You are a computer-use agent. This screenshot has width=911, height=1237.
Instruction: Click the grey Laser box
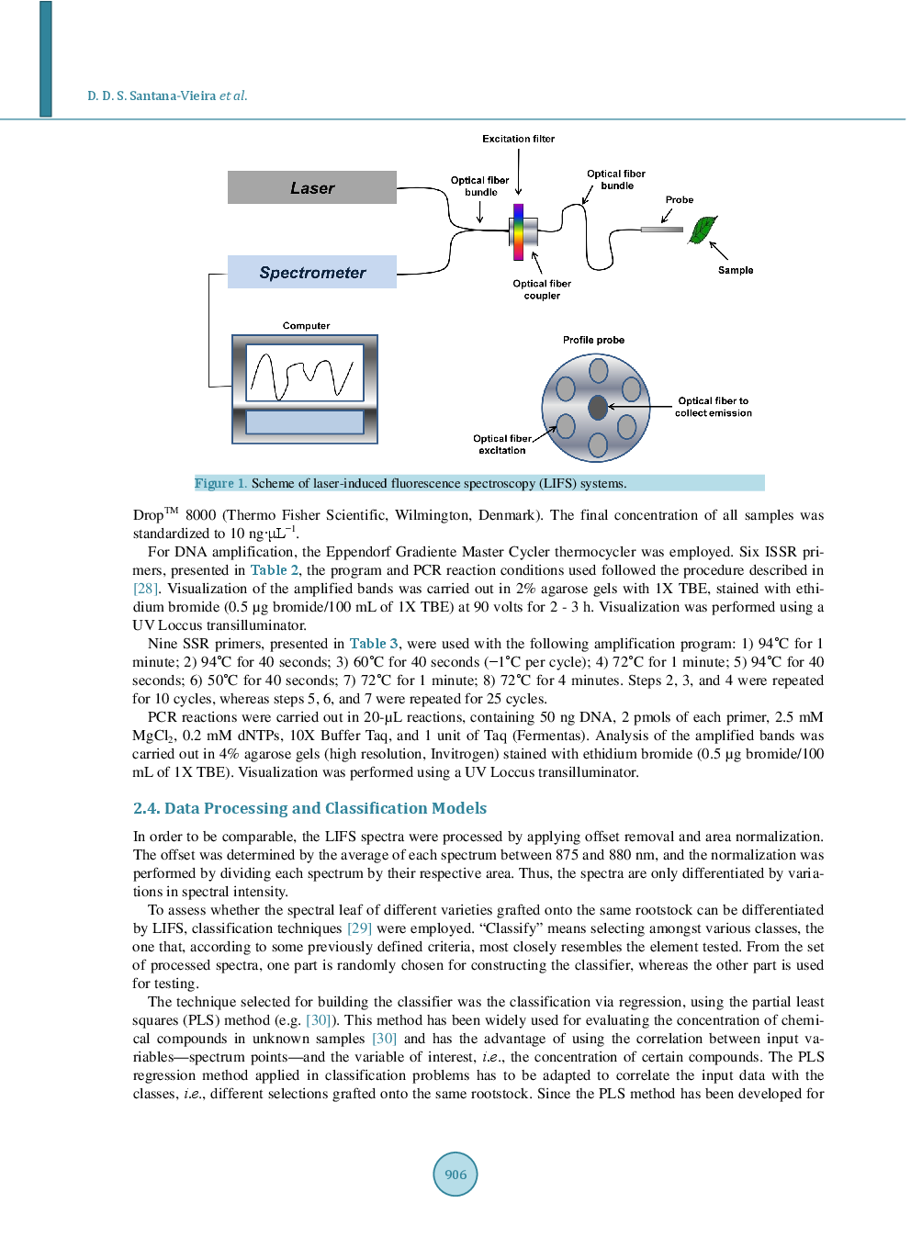[x=312, y=187]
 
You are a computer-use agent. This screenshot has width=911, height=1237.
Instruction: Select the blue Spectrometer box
[x=312, y=272]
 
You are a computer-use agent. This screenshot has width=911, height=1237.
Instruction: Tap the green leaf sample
[x=703, y=230]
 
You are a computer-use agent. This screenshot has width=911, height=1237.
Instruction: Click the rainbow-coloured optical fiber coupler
[x=519, y=232]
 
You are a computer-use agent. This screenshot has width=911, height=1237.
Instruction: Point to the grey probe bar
[x=661, y=229]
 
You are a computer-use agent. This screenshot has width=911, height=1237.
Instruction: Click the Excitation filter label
[x=518, y=139]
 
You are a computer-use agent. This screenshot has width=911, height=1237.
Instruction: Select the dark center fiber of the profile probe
[x=597, y=406]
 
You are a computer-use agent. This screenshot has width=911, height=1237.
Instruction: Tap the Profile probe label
[x=593, y=340]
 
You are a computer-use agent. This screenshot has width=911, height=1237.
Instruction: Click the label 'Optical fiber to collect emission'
[x=713, y=407]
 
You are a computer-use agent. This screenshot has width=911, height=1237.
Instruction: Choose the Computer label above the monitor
[x=306, y=326]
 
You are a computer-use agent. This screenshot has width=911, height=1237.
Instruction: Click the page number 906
[x=455, y=1174]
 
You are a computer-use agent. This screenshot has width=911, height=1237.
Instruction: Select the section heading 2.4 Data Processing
[x=309, y=808]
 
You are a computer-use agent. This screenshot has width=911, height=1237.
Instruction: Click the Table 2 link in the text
[x=274, y=570]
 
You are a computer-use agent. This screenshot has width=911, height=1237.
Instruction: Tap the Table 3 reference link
[x=374, y=644]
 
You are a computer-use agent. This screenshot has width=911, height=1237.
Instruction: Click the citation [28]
[x=145, y=589]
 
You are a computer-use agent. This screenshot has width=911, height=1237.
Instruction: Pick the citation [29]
[x=359, y=928]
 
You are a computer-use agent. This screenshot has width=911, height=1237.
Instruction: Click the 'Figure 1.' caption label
[x=220, y=483]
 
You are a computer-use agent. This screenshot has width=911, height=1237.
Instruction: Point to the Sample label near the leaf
[x=735, y=270]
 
